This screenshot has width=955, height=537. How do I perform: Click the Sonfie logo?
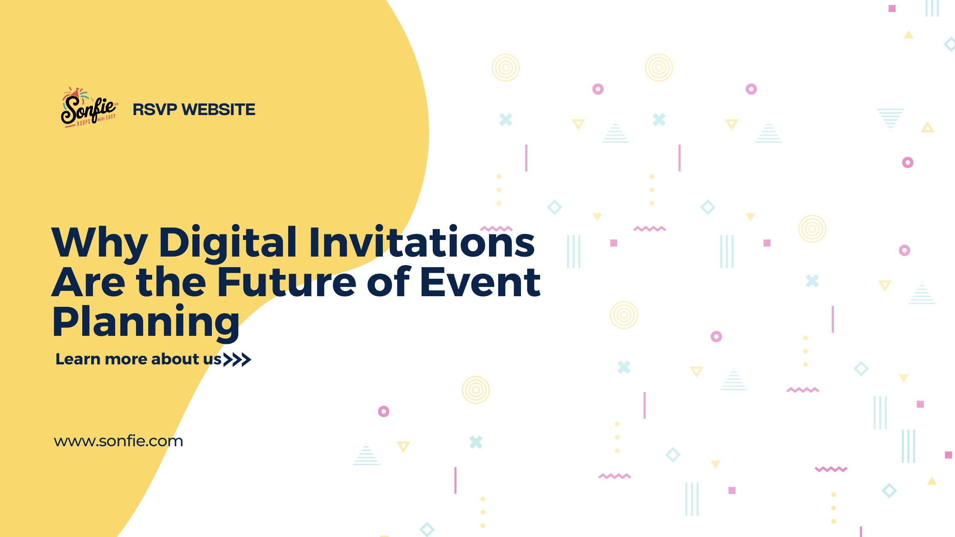click(x=90, y=107)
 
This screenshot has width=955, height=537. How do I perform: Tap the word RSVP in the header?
click(x=155, y=110)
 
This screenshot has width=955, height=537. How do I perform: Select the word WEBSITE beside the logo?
click(x=218, y=110)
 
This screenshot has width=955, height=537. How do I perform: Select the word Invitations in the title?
click(x=422, y=242)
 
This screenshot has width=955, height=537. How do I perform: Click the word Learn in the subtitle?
click(x=78, y=359)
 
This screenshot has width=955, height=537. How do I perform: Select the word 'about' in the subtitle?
click(x=175, y=359)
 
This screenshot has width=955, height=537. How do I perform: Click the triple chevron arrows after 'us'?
click(x=237, y=360)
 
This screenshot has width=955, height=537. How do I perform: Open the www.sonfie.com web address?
click(x=119, y=441)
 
